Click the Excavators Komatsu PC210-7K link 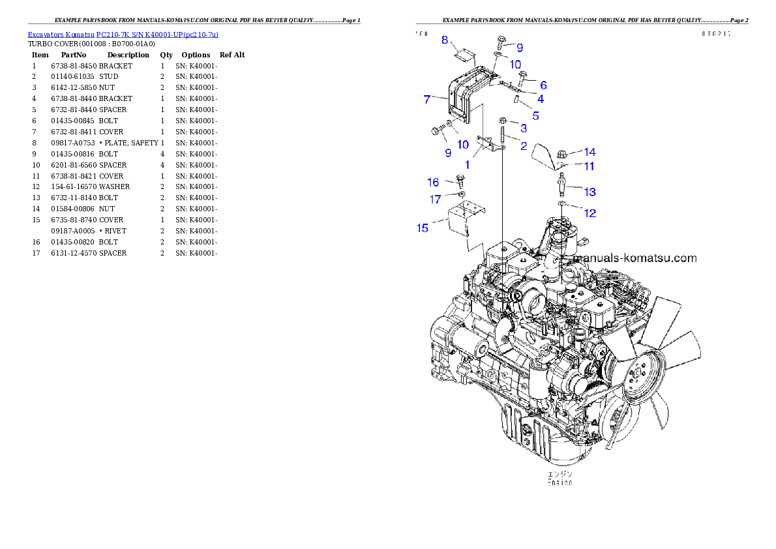click(x=123, y=34)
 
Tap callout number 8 click(x=445, y=40)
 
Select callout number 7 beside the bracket click(x=426, y=99)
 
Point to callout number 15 click(x=423, y=228)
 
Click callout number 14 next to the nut click(x=589, y=152)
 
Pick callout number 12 click(x=589, y=213)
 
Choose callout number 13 click(x=589, y=192)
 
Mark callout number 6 click(x=543, y=85)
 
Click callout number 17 click(x=435, y=200)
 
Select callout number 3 click(x=523, y=128)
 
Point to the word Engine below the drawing click(x=560, y=482)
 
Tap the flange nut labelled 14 click(x=561, y=155)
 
